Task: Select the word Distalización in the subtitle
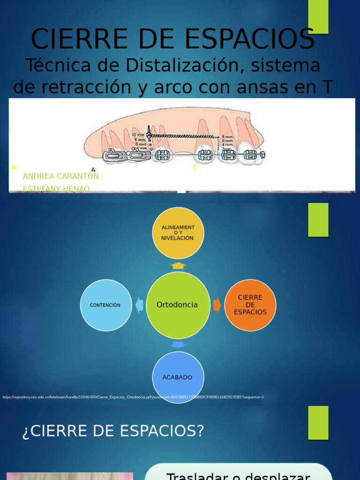point(159,66)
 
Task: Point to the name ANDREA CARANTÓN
point(60,176)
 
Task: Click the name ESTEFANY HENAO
point(56,188)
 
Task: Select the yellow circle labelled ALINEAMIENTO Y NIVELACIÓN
point(178,232)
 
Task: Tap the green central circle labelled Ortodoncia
point(178,305)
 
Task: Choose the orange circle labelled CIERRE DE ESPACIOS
point(250,305)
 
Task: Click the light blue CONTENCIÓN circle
point(105,305)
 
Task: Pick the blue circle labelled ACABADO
point(178,377)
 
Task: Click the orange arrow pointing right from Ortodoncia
point(217,305)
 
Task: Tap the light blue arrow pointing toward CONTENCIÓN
point(139,305)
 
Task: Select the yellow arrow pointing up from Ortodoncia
point(178,266)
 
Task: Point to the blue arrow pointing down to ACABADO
point(178,345)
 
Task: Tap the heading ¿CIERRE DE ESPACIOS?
point(113,431)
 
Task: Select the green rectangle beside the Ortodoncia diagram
point(318,219)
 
